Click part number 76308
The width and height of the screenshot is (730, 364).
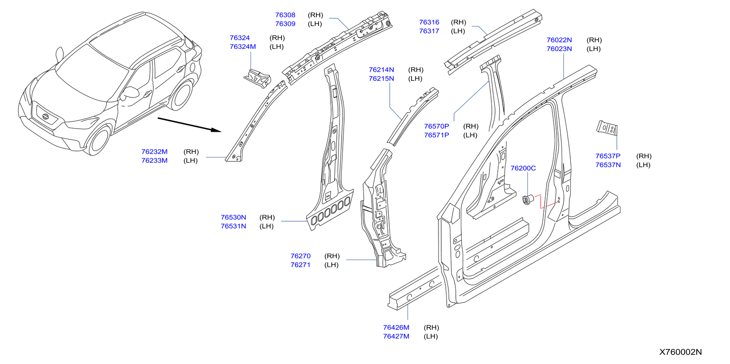(285, 15)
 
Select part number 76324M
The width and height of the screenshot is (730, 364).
(243, 47)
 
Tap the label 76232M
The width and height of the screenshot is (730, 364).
(154, 151)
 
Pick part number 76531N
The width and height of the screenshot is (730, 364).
(233, 226)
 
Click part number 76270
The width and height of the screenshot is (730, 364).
(300, 256)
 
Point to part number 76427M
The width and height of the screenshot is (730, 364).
(396, 336)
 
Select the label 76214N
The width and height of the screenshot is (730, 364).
(381, 70)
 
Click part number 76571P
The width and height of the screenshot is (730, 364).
(436, 135)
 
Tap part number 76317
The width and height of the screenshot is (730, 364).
(429, 31)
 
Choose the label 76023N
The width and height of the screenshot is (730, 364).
(559, 49)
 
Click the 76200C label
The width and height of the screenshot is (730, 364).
(523, 168)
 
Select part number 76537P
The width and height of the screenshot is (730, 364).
(608, 156)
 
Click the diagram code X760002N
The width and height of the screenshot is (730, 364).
(680, 352)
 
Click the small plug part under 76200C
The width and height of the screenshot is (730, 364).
(528, 199)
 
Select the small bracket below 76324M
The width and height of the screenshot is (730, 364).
(257, 77)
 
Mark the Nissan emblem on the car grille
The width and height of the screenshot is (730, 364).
(45, 117)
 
